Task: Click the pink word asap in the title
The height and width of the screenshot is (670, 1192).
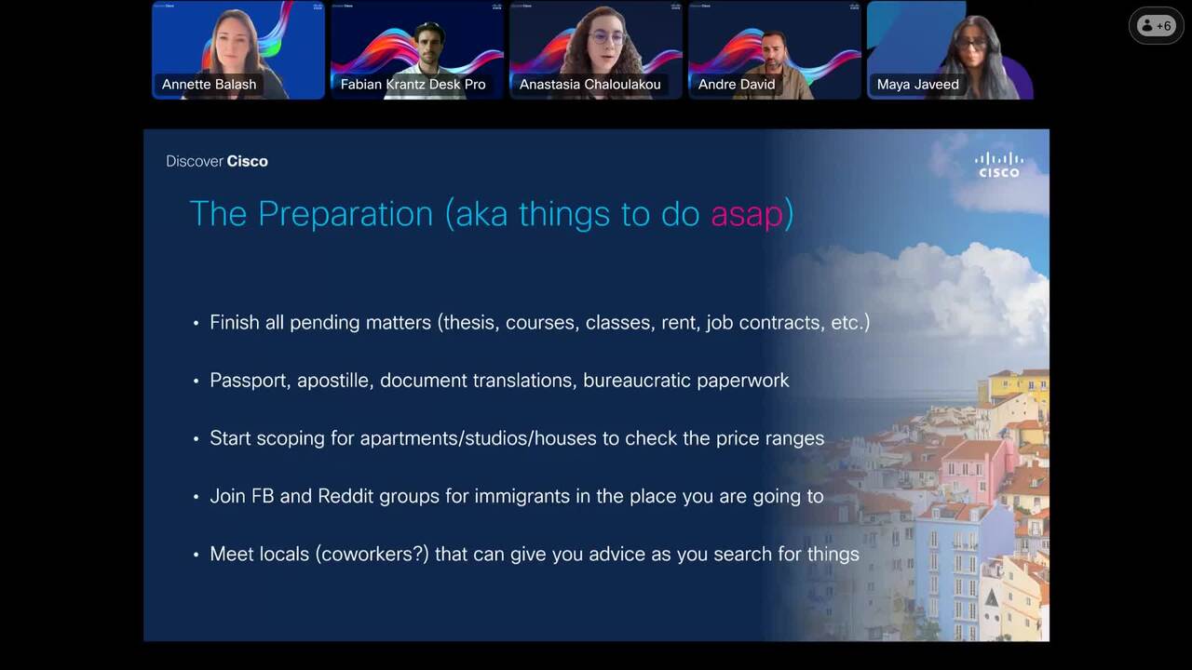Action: [747, 215]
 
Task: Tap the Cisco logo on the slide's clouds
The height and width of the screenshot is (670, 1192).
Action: [999, 165]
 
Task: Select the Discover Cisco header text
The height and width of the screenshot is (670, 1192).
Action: [217, 161]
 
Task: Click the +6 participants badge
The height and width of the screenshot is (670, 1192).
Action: [1156, 25]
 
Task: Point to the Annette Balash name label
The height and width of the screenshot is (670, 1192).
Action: [209, 84]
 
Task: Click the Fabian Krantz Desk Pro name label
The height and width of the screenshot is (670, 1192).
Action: [413, 84]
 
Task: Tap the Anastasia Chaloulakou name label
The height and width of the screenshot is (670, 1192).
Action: [589, 84]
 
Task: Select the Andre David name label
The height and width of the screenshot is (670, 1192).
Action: [737, 84]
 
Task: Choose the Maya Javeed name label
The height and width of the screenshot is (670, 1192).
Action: [918, 84]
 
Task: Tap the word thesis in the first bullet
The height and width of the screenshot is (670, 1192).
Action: [471, 323]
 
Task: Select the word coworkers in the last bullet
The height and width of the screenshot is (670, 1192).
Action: [370, 554]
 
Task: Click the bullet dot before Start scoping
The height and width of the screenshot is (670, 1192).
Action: [196, 439]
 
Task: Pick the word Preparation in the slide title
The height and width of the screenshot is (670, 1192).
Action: [345, 215]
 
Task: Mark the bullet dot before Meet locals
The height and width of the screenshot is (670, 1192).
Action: [196, 556]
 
